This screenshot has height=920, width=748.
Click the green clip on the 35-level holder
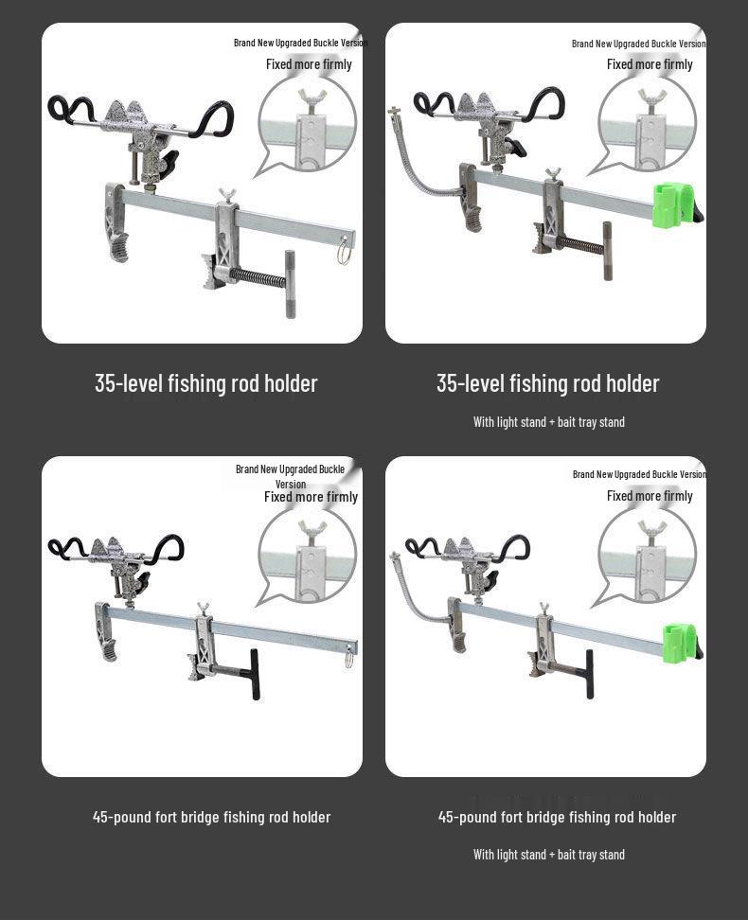[x=674, y=204]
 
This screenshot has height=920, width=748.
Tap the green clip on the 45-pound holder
[x=679, y=643]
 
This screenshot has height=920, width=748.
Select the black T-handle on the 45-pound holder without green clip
[x=253, y=673]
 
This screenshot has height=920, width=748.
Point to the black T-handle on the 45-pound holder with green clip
[x=589, y=673]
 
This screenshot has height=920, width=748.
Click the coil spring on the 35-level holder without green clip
[x=258, y=278]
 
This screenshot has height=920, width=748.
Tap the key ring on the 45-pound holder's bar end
[x=349, y=655]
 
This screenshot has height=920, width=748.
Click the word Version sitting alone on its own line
[x=291, y=485]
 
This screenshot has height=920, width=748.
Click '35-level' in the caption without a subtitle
[x=129, y=383]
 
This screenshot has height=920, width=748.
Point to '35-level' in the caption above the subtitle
[x=471, y=383]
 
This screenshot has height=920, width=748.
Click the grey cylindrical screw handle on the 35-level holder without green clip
[x=290, y=284]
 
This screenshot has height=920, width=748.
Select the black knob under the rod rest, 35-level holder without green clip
[x=168, y=163]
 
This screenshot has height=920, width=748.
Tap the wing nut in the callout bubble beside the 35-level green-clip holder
[x=650, y=97]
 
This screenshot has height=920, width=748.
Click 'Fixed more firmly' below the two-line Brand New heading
[x=311, y=497]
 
